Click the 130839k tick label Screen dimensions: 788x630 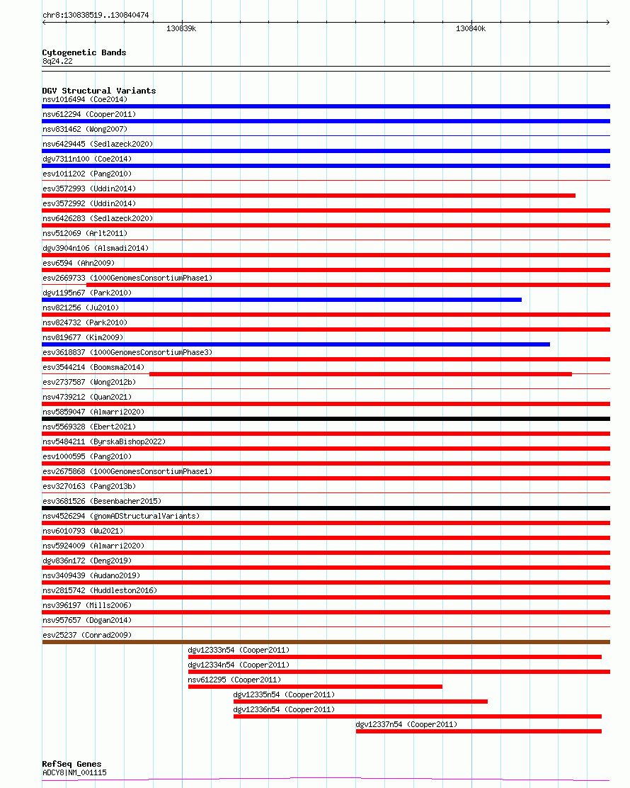[181, 29]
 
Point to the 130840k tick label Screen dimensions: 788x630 [471, 29]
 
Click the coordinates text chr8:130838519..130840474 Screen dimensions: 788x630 [96, 15]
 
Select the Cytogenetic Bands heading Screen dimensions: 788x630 [84, 52]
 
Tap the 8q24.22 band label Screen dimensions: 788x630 [57, 61]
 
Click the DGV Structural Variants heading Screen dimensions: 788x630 [99, 91]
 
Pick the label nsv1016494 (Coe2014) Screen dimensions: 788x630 [85, 99]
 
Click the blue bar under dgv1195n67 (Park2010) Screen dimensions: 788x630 [282, 300]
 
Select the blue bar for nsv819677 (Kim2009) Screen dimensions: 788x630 [296, 344]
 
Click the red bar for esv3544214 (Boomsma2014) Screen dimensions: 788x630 [360, 374]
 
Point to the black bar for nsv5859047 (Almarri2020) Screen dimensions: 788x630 [326, 419]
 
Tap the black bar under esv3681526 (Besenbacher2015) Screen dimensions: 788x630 [326, 508]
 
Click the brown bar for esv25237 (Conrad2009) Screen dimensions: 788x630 [326, 642]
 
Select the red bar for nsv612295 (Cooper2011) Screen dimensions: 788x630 [315, 687]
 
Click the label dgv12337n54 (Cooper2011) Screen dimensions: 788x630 [406, 724]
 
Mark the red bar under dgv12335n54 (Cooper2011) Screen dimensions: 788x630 [360, 702]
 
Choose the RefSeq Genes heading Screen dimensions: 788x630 [71, 764]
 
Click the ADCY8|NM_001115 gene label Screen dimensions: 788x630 [74, 772]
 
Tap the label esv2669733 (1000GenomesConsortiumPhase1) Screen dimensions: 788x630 [127, 278]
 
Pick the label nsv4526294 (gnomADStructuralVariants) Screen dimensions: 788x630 [121, 516]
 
